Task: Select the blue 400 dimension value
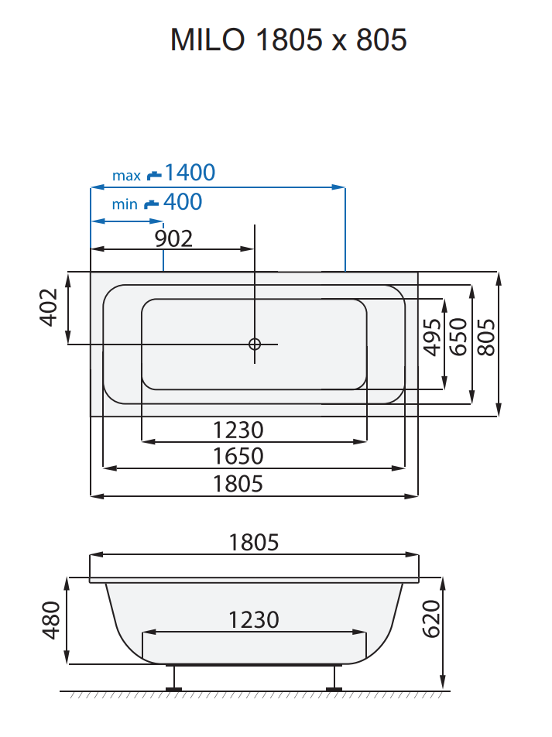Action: (x=183, y=202)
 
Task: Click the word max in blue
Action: (x=126, y=176)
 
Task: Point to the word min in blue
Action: (x=125, y=204)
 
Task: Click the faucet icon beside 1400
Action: (x=154, y=175)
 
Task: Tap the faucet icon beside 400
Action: (x=153, y=204)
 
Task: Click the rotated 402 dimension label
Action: (x=49, y=307)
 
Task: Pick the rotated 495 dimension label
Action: (x=434, y=338)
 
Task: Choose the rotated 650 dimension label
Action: (x=459, y=338)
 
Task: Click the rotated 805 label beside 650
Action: (x=486, y=338)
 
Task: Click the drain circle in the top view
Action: (x=255, y=344)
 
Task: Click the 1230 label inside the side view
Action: (x=254, y=620)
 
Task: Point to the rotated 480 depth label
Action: (x=50, y=620)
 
